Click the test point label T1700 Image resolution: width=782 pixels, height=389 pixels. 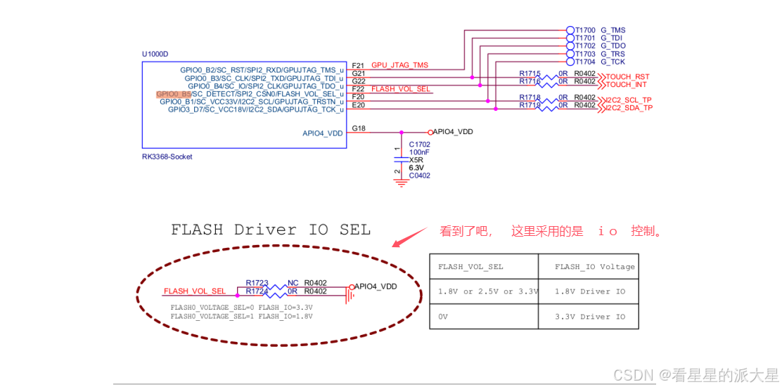coord(585,30)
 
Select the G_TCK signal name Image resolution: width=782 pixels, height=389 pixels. coord(613,62)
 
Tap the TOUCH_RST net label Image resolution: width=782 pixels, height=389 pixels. coord(627,77)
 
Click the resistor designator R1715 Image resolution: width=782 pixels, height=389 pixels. coord(530,73)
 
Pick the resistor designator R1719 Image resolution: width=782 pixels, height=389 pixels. coord(530,105)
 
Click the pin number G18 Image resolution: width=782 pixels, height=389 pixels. coord(359,128)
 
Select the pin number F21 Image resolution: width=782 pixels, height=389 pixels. coord(359,65)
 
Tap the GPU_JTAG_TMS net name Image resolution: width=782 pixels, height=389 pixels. coord(399,65)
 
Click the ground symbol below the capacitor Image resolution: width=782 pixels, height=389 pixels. coord(402,183)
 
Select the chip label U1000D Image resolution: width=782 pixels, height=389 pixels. coord(155,54)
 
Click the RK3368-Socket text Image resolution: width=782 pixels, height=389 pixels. coord(167,157)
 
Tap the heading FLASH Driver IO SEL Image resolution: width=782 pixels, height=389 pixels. coord(271,230)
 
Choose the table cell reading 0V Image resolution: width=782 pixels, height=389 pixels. coord(443,317)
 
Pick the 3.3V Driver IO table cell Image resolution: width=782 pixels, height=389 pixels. coord(589,317)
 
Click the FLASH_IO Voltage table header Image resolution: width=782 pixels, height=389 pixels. coord(594,267)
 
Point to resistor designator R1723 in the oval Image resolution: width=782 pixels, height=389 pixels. coord(257,283)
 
